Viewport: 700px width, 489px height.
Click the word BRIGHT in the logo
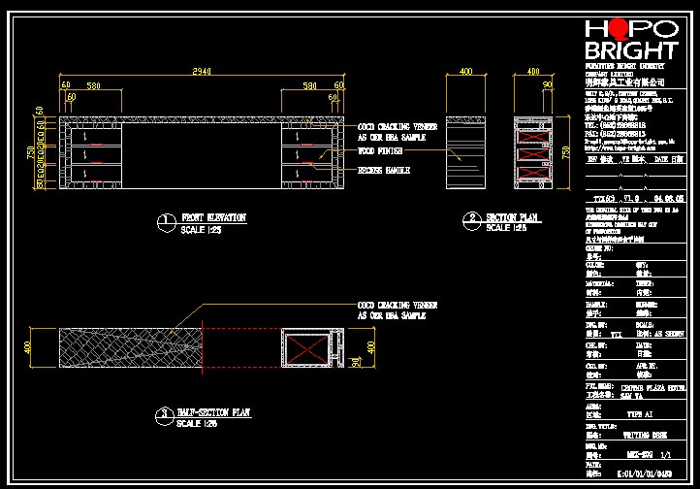[631, 50]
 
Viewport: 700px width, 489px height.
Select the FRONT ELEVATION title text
[213, 218]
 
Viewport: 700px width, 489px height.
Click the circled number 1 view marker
[167, 222]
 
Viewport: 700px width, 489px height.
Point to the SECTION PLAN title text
[513, 217]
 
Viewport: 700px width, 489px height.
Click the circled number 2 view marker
[472, 220]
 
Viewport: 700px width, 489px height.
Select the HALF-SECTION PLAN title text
[214, 412]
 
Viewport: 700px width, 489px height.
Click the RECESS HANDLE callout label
[384, 170]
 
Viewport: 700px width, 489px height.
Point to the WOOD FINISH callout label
[380, 151]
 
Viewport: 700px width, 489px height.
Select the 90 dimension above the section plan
[548, 85]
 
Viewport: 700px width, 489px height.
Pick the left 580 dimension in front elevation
[94, 86]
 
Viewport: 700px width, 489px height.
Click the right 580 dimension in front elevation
[309, 86]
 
